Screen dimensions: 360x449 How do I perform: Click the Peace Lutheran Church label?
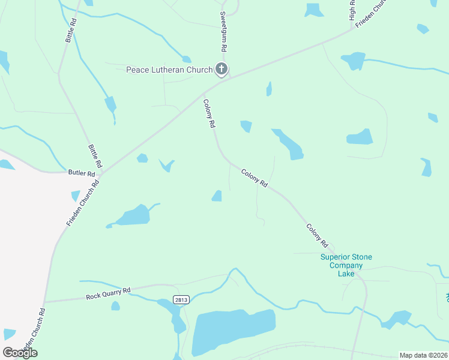click(169, 70)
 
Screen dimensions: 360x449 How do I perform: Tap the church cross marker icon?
click(221, 70)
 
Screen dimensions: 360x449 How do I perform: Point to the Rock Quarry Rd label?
click(108, 293)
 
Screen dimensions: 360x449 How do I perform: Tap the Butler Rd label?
click(82, 173)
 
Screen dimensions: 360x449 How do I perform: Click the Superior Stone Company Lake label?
click(346, 265)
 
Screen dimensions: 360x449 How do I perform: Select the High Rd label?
click(352, 10)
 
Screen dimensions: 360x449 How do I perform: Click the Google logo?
click(20, 353)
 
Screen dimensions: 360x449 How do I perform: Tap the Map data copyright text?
click(424, 355)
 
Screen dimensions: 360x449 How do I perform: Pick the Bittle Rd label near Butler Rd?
click(95, 155)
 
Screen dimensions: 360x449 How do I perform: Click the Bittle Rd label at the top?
click(70, 31)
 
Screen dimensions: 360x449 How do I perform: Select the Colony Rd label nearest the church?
click(209, 114)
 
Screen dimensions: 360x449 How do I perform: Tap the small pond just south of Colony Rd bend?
click(217, 196)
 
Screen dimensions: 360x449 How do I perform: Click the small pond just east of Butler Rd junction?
click(142, 158)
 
